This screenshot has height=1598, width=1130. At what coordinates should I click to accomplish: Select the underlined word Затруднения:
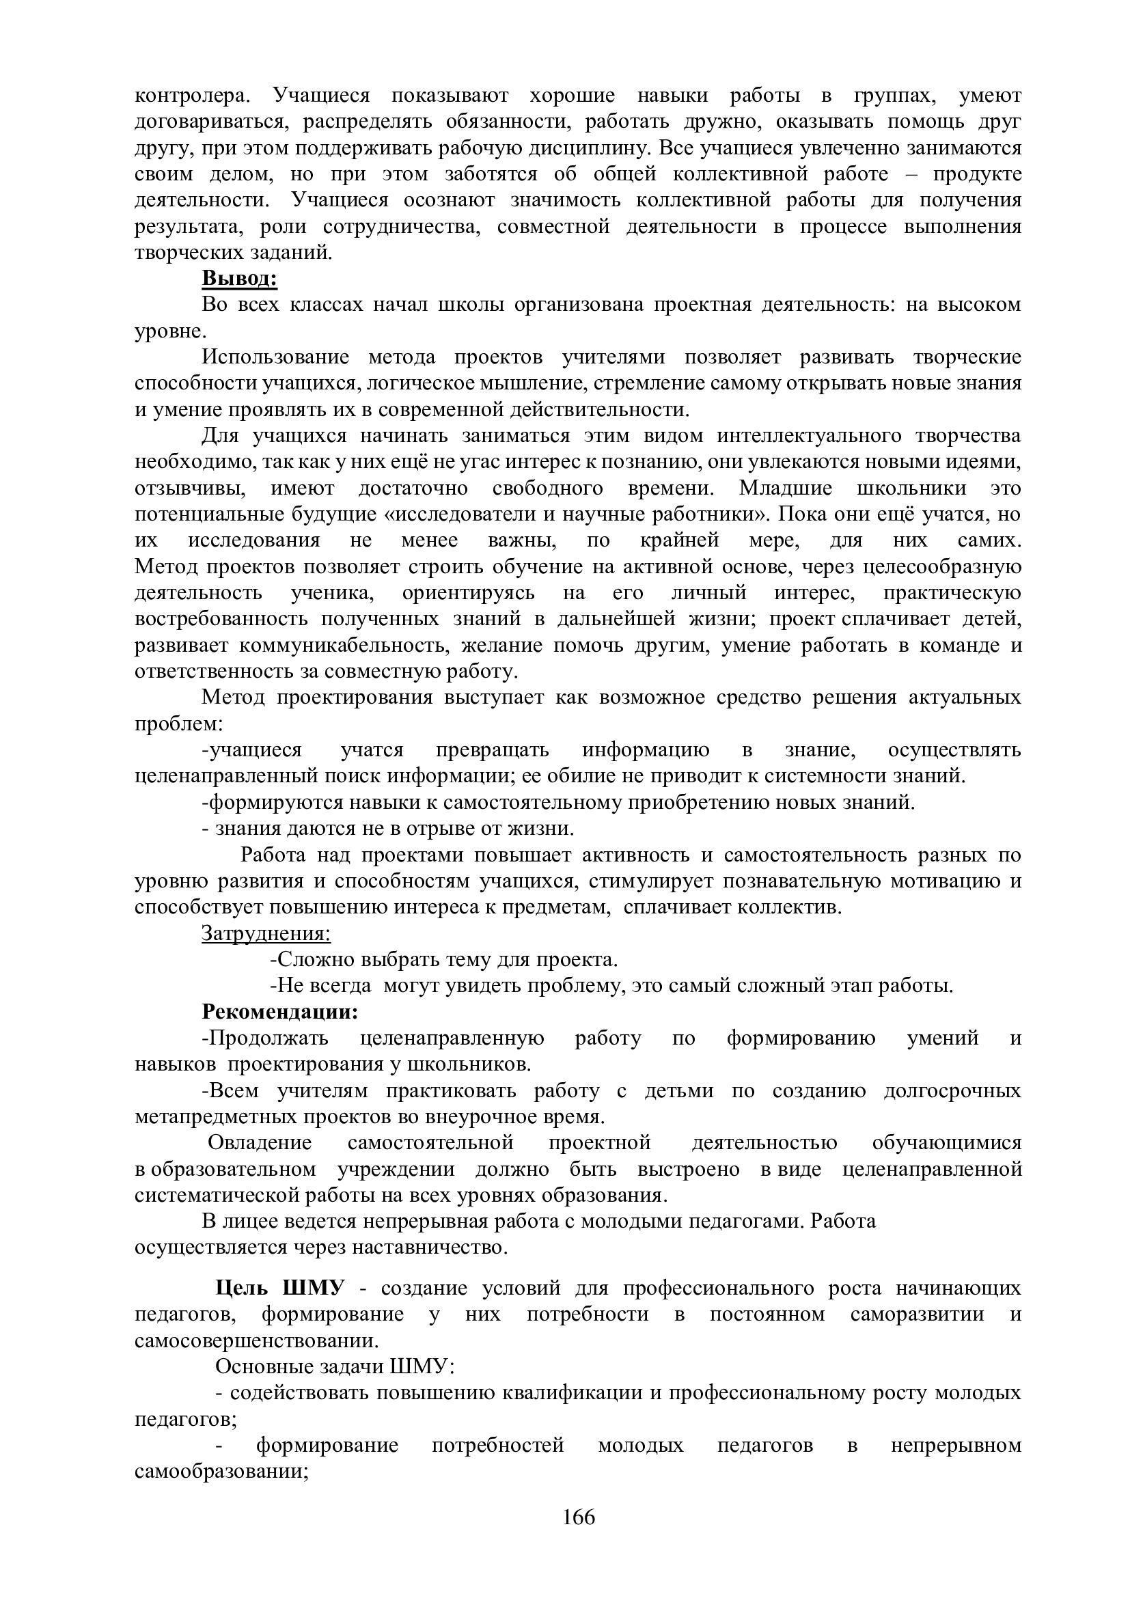pyautogui.click(x=266, y=933)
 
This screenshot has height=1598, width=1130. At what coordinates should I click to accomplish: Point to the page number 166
pyautogui.click(x=579, y=1517)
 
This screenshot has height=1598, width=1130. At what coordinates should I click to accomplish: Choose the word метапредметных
pyautogui.click(x=217, y=1116)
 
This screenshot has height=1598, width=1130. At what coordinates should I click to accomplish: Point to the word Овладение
pyautogui.click(x=260, y=1143)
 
